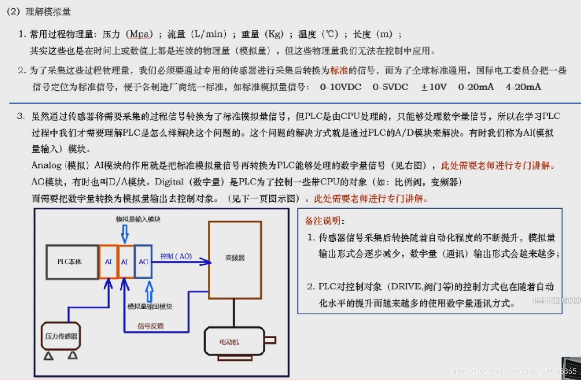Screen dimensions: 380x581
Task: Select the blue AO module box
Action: [143, 262]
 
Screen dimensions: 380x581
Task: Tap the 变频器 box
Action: [235, 259]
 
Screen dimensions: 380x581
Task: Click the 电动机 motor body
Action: [234, 341]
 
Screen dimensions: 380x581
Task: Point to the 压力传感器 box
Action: [61, 336]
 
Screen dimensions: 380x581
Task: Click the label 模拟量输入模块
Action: [138, 220]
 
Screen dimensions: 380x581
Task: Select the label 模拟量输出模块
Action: [150, 306]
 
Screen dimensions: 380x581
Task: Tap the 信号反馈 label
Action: [151, 326]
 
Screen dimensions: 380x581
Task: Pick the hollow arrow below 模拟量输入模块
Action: [125, 234]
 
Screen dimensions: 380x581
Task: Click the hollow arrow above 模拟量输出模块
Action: [150, 291]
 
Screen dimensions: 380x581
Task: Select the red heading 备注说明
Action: [324, 221]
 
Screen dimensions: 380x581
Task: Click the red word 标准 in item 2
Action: [339, 71]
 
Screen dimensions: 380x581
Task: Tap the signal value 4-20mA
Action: [523, 87]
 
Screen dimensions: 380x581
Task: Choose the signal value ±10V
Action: [433, 87]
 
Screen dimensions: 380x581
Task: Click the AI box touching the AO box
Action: [124, 262]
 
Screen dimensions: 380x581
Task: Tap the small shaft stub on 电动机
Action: [270, 340]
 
